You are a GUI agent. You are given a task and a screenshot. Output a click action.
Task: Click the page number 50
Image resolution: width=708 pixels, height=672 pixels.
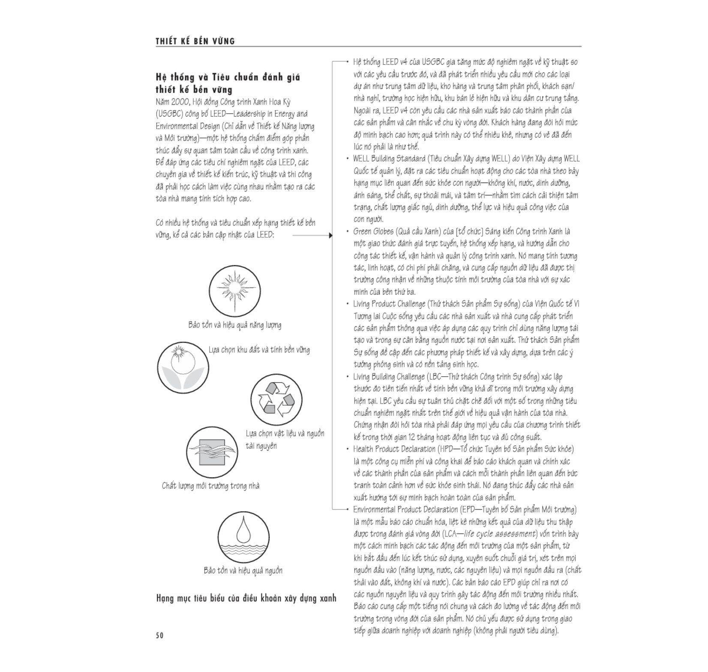click(159, 636)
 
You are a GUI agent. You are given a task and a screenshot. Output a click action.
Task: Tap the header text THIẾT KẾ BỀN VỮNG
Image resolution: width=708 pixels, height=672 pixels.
click(195, 42)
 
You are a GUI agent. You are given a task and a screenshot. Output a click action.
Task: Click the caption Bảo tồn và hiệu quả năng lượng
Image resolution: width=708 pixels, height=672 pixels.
click(235, 325)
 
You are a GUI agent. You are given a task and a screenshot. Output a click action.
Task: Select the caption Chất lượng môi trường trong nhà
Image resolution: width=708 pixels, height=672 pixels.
click(210, 486)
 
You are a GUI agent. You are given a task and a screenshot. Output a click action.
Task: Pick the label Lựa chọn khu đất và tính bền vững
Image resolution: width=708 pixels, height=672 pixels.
click(259, 350)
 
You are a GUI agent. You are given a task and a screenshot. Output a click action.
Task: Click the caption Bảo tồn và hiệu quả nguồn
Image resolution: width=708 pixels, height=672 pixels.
click(243, 570)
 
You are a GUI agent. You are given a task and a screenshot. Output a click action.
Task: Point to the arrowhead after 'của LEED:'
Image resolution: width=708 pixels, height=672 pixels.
click(330, 235)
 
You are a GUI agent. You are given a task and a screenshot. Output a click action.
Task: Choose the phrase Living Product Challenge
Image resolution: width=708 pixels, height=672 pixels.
click(389, 304)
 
